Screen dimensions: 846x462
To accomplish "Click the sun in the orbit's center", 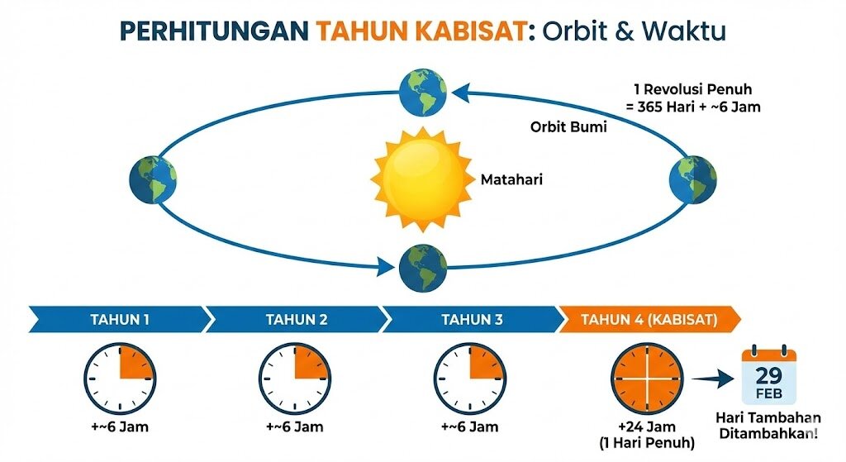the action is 422,179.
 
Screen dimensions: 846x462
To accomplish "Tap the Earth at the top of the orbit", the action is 423,93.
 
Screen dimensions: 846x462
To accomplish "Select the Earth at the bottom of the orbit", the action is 423,268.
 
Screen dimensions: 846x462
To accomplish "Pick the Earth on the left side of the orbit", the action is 153,179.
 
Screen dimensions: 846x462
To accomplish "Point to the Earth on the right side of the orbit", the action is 693,179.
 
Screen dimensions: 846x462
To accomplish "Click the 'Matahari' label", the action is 511,179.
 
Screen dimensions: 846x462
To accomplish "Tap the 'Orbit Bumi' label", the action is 568,126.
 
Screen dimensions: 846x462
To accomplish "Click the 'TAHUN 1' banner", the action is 120,320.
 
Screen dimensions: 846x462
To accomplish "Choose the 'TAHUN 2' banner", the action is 297,320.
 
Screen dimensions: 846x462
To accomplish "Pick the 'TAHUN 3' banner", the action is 472,320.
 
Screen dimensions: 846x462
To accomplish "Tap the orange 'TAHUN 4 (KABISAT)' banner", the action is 649,320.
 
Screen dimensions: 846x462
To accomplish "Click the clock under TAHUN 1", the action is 120,379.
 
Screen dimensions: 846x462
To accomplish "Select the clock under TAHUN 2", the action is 295,379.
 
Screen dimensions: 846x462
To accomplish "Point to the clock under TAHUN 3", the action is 470,379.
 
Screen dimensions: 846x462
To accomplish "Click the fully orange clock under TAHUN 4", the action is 647,379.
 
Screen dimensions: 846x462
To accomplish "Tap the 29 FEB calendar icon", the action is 769,376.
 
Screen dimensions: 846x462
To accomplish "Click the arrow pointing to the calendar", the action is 712,379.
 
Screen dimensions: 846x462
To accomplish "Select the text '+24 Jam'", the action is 647,427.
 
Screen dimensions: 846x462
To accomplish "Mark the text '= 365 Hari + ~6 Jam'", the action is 693,107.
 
